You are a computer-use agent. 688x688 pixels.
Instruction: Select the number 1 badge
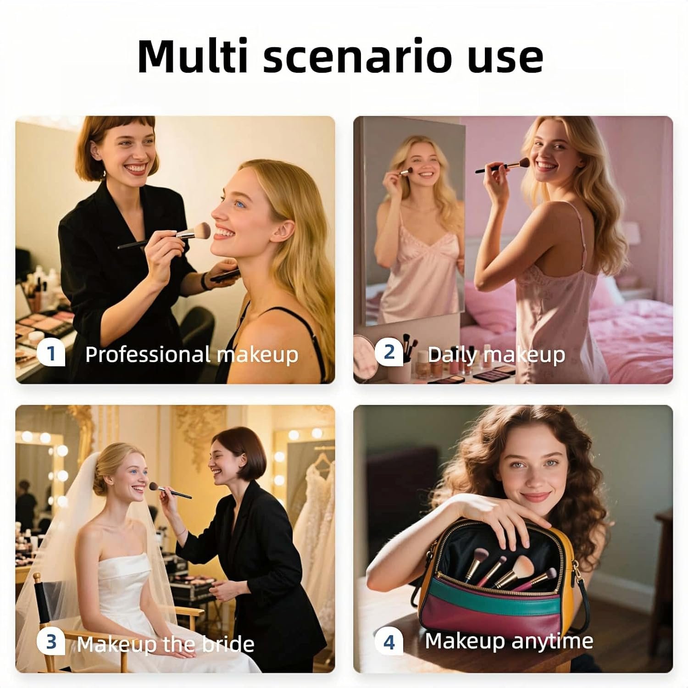pyautogui.click(x=51, y=353)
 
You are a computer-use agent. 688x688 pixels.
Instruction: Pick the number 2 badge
pyautogui.click(x=389, y=352)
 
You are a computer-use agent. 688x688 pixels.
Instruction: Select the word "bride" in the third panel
pyautogui.click(x=228, y=644)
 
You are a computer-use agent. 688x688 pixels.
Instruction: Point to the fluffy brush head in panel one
pyautogui.click(x=199, y=231)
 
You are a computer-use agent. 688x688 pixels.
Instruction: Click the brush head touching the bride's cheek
pyautogui.click(x=154, y=487)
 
